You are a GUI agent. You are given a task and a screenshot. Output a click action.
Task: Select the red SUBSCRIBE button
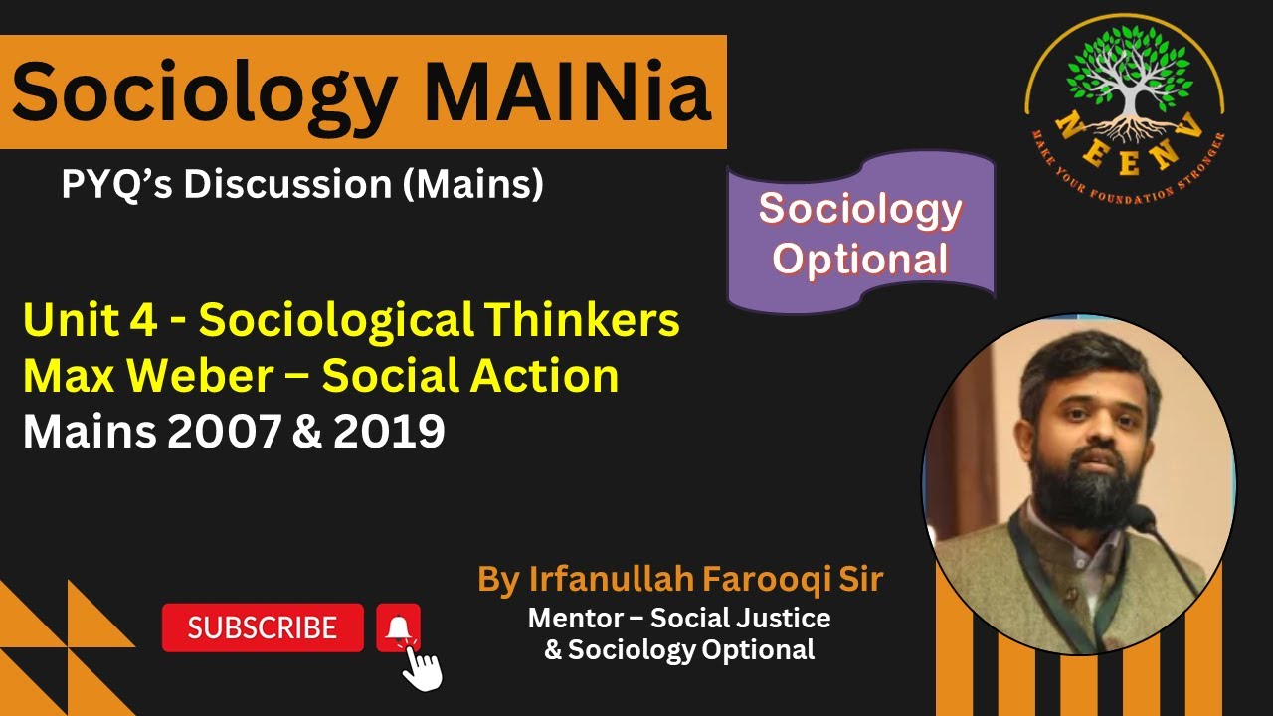pyautogui.click(x=263, y=627)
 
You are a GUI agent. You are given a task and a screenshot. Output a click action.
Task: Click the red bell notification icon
pyautogui.click(x=398, y=627)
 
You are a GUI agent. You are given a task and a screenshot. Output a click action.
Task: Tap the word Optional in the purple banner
pyautogui.click(x=860, y=259)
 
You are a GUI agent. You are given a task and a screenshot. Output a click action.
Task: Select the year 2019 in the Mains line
pyautogui.click(x=389, y=432)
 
